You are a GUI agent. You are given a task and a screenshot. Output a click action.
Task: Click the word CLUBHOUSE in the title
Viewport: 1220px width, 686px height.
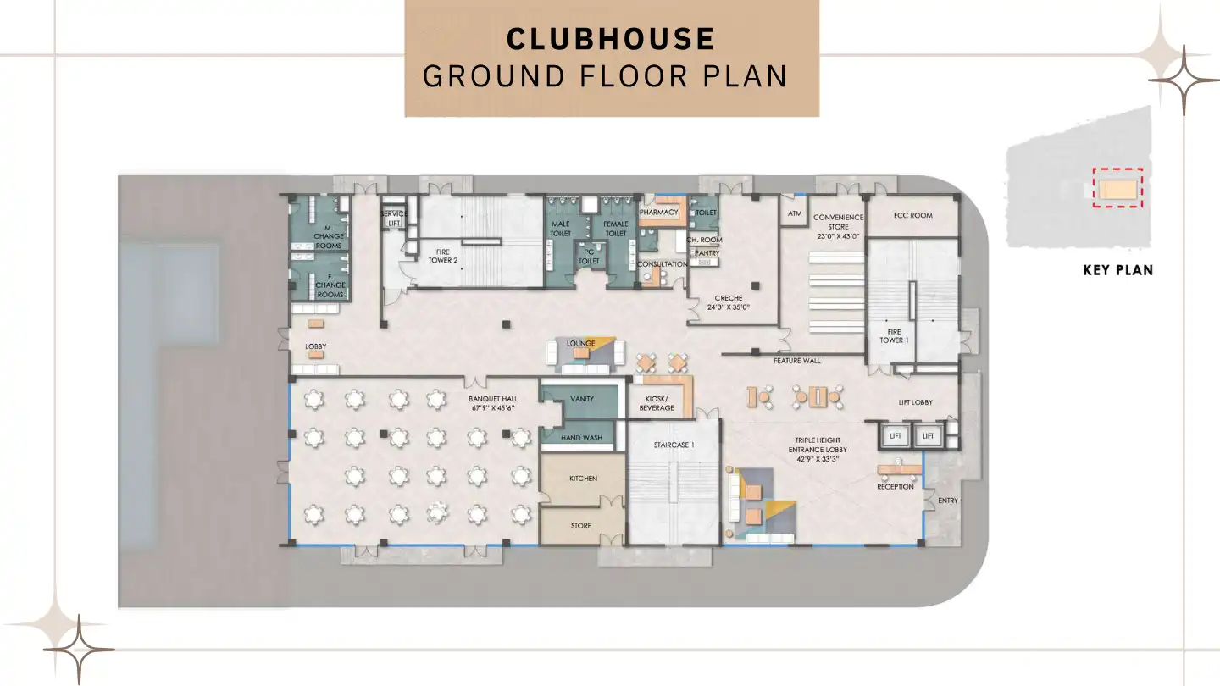click(x=610, y=39)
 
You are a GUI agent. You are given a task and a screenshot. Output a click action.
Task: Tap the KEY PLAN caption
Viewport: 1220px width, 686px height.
click(x=1117, y=271)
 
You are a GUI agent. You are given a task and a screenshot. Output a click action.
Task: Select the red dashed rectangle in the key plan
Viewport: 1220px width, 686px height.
click(x=1117, y=188)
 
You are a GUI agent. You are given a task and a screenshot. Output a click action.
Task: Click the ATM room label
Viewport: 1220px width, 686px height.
click(x=795, y=213)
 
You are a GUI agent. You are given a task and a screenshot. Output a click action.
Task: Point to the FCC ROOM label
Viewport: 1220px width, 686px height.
click(x=912, y=215)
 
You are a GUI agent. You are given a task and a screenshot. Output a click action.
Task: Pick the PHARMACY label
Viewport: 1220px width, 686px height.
click(x=659, y=213)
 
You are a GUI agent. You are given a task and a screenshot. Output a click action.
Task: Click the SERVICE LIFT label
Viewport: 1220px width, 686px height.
click(x=393, y=219)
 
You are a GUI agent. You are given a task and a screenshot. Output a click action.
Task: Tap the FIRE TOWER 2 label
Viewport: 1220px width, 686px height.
click(x=442, y=256)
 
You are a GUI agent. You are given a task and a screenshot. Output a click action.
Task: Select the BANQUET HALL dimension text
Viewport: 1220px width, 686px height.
click(x=493, y=407)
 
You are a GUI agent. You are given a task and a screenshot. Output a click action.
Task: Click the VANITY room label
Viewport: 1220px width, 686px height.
click(x=582, y=399)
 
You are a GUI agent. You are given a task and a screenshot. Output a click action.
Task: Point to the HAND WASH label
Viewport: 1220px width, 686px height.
click(x=582, y=438)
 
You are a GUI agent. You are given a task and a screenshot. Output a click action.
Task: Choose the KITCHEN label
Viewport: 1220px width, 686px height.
click(x=583, y=479)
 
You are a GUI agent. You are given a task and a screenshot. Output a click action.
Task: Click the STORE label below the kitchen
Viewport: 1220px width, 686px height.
click(x=581, y=526)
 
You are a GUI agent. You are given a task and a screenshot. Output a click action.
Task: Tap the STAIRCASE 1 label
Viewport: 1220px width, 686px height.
click(x=674, y=445)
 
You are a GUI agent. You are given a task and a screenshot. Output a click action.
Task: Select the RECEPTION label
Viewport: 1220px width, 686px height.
click(x=896, y=487)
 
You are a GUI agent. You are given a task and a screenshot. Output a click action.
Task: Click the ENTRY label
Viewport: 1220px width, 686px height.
click(x=947, y=501)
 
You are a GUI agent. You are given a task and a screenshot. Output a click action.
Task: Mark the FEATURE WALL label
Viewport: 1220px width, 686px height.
click(x=796, y=361)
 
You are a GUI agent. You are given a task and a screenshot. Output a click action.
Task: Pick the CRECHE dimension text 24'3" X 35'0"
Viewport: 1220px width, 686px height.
click(x=729, y=308)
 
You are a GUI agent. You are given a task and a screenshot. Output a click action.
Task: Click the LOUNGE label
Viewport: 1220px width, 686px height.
click(x=581, y=343)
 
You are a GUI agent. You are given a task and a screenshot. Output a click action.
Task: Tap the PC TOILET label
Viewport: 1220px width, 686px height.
click(x=589, y=256)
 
